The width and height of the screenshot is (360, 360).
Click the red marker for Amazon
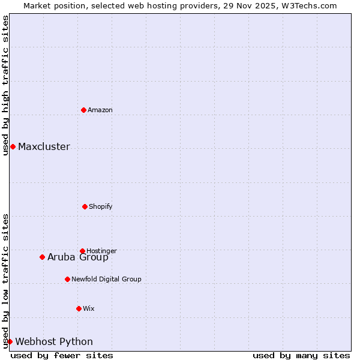coord(83,110)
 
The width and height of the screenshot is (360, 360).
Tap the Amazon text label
coord(100,110)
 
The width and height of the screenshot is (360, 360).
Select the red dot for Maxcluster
coord(13,146)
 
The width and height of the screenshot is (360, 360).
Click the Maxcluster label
coord(44,147)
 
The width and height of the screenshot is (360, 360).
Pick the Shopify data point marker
coord(85,206)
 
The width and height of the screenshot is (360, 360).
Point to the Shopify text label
coord(101,206)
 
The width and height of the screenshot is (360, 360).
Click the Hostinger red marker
coord(82,251)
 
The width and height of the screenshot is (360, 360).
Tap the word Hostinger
coord(101,251)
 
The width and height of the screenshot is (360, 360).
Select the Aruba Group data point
coord(42,257)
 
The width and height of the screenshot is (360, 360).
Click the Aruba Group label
coord(78,257)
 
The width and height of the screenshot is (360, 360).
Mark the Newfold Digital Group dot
coord(67,279)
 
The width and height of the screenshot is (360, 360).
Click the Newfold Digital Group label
coord(106,279)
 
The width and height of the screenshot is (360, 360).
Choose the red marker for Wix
coord(79,308)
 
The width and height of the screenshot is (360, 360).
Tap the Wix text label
coord(89,308)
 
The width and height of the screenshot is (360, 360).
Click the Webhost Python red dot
coord(10,341)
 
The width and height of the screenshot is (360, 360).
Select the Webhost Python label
coord(54,342)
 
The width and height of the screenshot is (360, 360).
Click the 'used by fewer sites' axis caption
coord(62,355)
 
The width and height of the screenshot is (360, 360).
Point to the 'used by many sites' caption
coord(301,355)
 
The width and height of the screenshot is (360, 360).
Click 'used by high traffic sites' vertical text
coord(5,85)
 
